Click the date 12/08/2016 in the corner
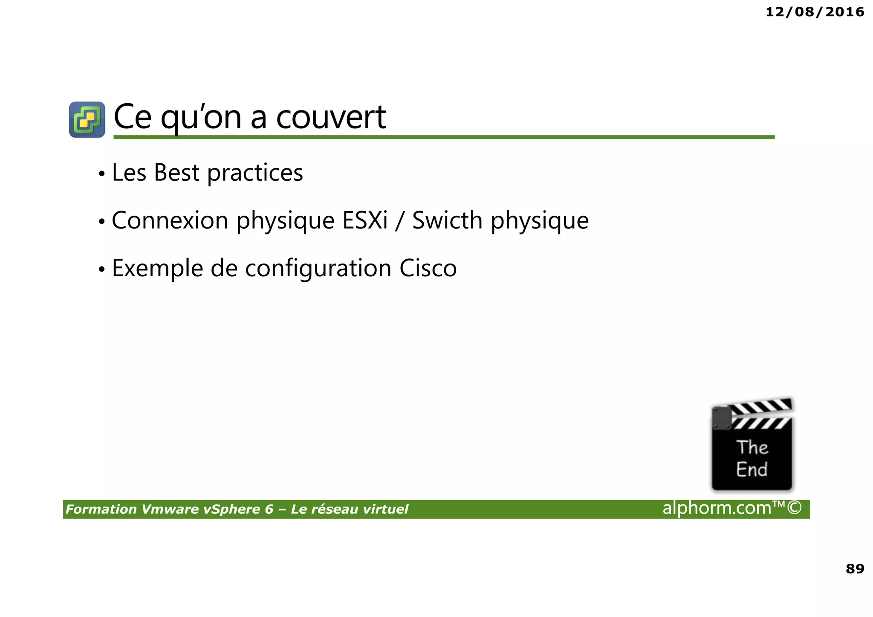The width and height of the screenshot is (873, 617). coord(815,12)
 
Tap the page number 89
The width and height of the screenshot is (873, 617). coord(855,569)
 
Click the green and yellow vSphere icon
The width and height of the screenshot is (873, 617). coord(87,119)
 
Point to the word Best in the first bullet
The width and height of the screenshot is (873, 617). coord(176,173)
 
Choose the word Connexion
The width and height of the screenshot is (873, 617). coord(170,221)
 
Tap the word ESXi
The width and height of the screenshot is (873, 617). coord(365,221)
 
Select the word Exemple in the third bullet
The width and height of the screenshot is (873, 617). coord(157,269)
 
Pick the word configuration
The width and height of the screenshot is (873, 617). coord(318,269)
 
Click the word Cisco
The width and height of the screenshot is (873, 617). coord(428,269)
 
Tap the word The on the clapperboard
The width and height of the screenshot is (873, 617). coord(752,447)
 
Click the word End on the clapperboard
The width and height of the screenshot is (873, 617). coord(752,469)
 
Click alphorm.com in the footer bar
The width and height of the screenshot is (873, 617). coord(717,508)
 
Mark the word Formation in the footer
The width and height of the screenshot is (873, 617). coord(101,510)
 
